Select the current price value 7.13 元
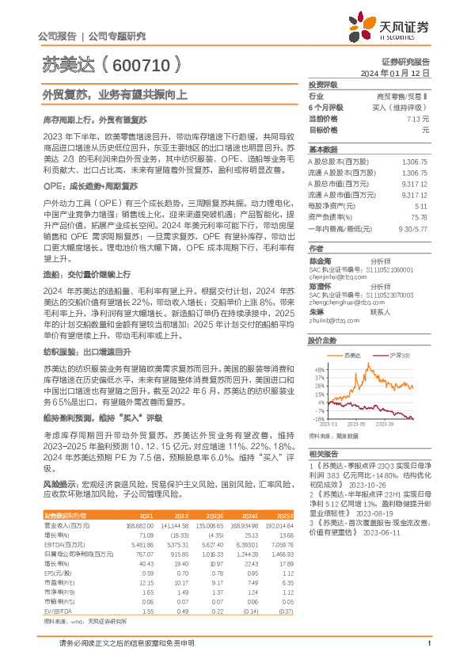[416, 117]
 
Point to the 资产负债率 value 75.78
[420, 216]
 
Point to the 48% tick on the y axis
[319, 368]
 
